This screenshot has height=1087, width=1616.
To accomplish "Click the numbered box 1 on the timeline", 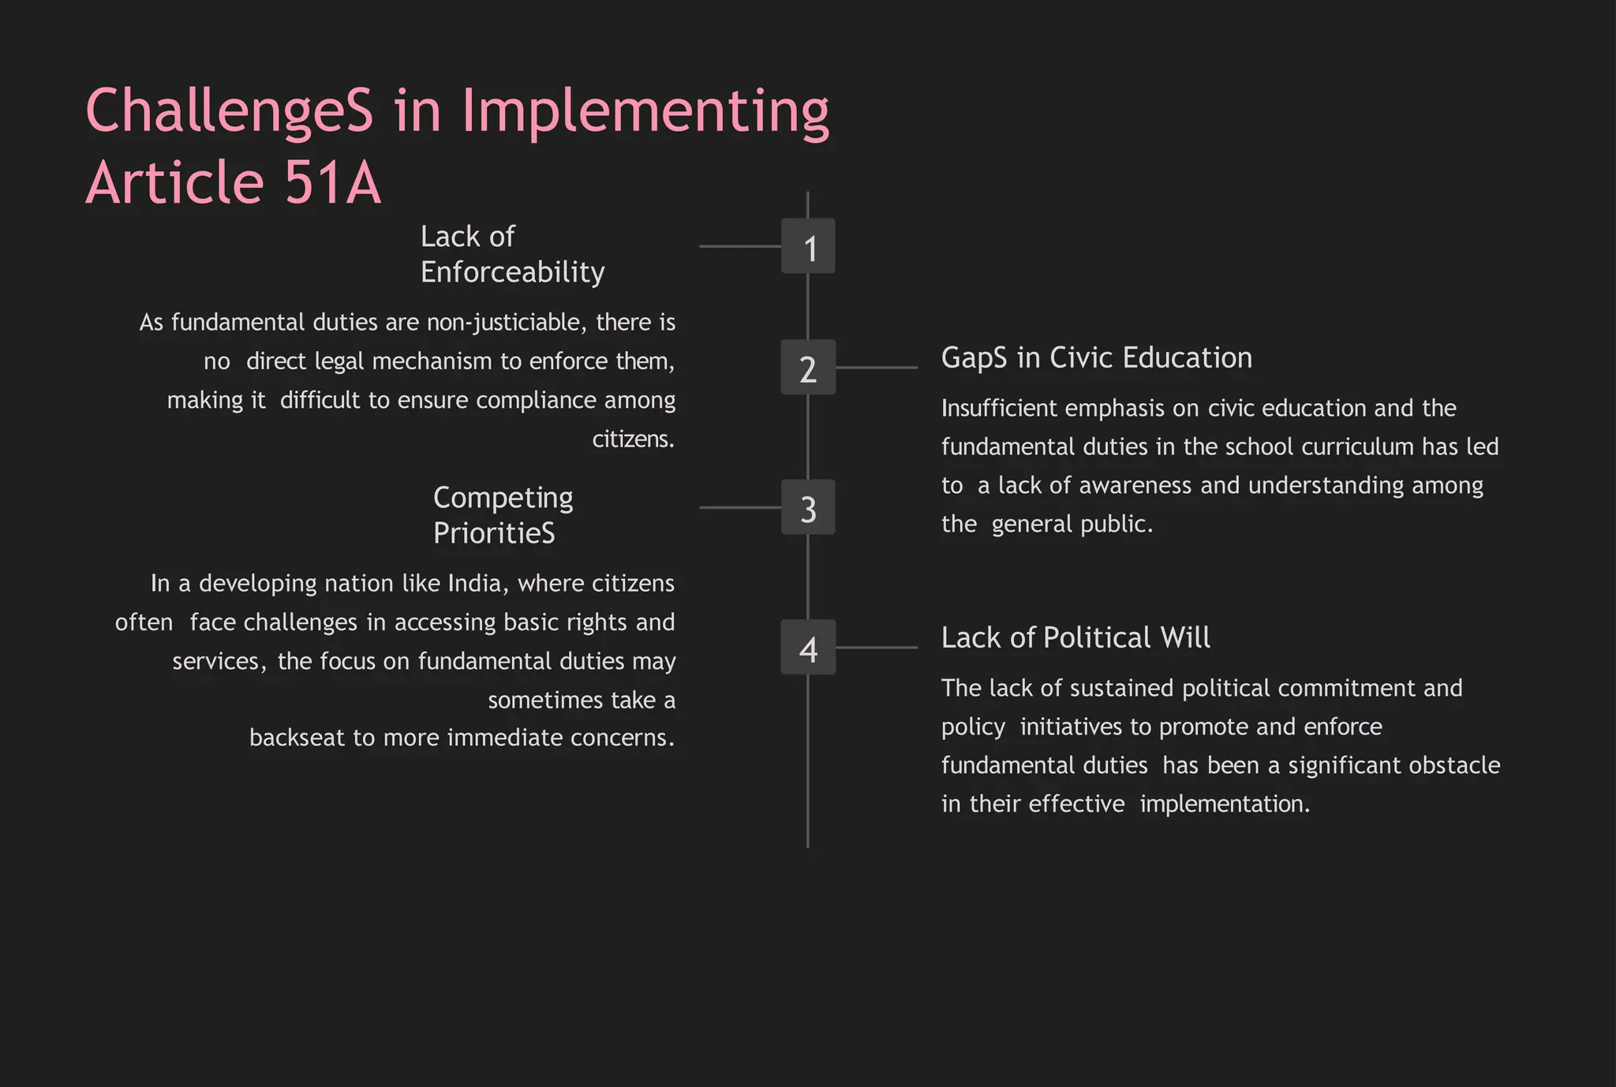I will pyautogui.click(x=808, y=247).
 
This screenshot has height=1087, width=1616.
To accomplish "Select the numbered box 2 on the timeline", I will pyautogui.click(x=808, y=368).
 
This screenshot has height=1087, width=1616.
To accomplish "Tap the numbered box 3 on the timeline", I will pyautogui.click(x=808, y=508).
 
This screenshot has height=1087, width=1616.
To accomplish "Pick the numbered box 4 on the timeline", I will pyautogui.click(x=808, y=648).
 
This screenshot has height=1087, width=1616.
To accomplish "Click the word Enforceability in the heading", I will pyautogui.click(x=512, y=272).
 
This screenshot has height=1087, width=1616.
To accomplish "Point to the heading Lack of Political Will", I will pyautogui.click(x=1075, y=637).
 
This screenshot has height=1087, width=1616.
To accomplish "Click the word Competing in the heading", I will pyautogui.click(x=503, y=499).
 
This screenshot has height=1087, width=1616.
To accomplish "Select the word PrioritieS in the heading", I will pyautogui.click(x=494, y=533).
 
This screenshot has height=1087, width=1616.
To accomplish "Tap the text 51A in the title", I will pyautogui.click(x=332, y=183).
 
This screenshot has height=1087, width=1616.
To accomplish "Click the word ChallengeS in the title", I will pyautogui.click(x=229, y=110).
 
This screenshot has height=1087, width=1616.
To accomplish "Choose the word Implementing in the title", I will pyautogui.click(x=645, y=112).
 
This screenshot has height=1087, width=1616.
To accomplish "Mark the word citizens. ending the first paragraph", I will pyautogui.click(x=634, y=439).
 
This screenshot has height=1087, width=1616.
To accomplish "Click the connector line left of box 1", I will pyautogui.click(x=739, y=247).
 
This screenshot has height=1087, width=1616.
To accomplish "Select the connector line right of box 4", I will pyautogui.click(x=877, y=648).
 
